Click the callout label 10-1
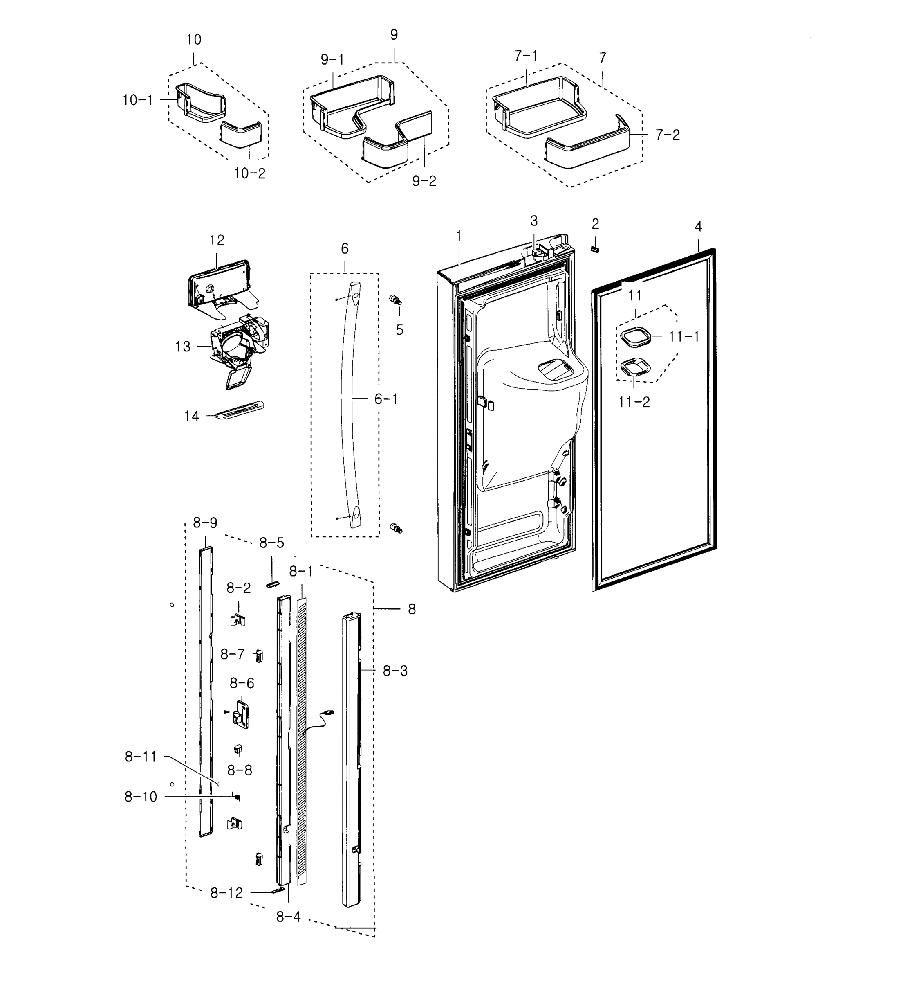coord(137,100)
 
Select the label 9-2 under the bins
coord(424,181)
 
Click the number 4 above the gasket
coord(698,227)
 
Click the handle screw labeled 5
coord(396,300)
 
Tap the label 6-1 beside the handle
coord(385,399)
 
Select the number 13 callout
coord(183,347)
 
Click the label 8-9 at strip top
coord(205,523)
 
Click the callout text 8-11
coord(141,756)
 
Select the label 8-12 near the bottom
coord(226,892)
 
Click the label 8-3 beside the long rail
coord(395,671)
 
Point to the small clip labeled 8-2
coord(238,620)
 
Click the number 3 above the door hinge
coord(533,221)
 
